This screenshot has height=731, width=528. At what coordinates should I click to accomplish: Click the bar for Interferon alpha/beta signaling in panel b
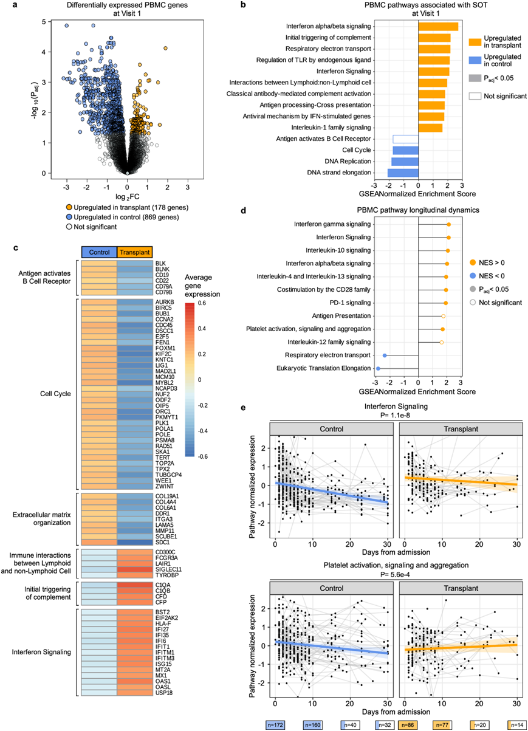438,26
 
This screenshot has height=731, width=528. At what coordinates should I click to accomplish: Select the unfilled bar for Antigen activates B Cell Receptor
405,139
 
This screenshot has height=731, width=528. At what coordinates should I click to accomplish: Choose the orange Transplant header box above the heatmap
134,252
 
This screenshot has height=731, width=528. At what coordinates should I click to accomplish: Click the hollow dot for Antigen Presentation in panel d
443,316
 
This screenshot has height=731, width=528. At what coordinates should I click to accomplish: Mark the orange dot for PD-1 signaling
445,303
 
